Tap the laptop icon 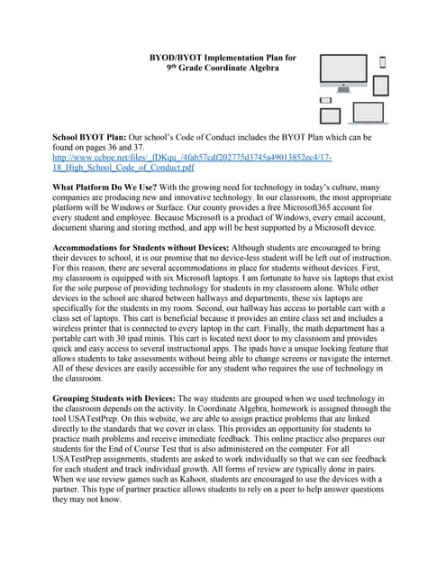pyautogui.click(x=369, y=114)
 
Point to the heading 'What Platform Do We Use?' pyautogui.click(x=105, y=187)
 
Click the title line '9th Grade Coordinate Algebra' pyautogui.click(x=223, y=69)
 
